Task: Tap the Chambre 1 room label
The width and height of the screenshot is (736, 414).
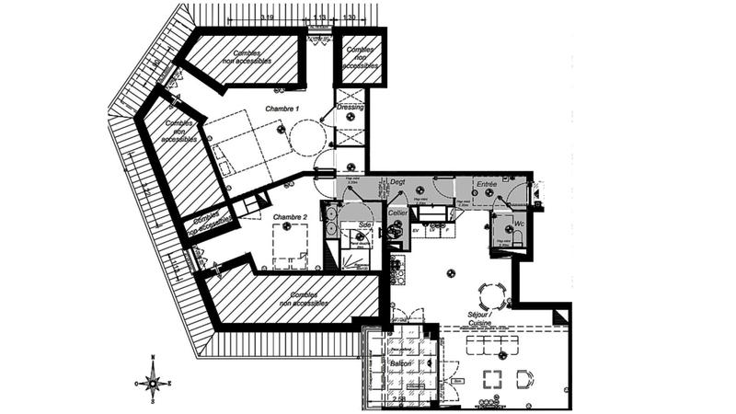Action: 282,109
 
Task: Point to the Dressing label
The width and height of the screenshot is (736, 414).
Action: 351,108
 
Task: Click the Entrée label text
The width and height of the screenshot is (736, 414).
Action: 486,184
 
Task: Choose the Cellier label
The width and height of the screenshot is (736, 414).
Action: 397,213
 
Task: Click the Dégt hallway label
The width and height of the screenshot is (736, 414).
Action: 397,182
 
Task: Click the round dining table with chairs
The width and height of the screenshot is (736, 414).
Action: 489,295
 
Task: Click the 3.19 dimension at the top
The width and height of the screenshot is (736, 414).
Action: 241,17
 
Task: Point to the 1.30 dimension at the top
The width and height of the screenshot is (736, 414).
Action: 351,17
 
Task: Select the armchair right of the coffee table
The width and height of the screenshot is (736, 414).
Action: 524,378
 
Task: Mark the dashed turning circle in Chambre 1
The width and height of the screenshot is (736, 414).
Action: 305,139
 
